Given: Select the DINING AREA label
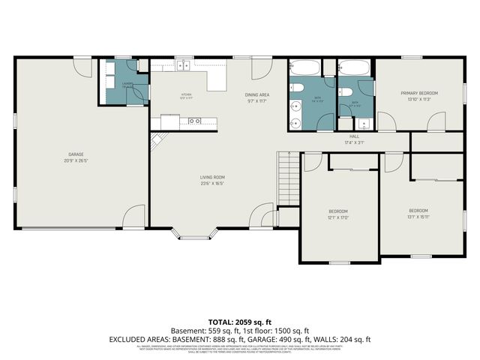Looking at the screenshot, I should [256, 94].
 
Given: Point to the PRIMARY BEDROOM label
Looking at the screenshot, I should [418, 93].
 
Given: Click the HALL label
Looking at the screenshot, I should [352, 136].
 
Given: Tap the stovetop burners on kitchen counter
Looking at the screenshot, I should [194, 120].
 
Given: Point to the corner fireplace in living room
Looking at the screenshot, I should [157, 140].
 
